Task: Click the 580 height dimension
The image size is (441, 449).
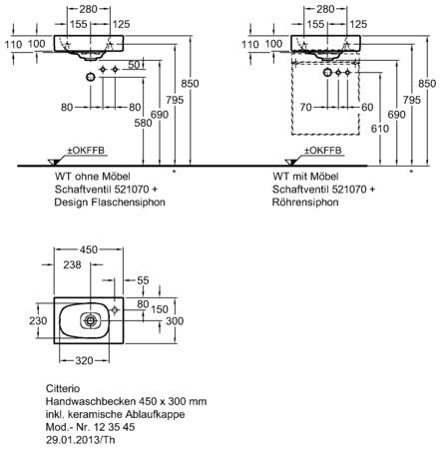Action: coord(143,123)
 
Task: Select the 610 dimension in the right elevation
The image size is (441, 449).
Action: coord(380,129)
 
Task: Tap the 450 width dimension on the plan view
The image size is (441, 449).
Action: coord(89,249)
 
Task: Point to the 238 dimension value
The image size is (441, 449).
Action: coord(72,264)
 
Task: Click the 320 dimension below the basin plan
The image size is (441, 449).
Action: coord(84,360)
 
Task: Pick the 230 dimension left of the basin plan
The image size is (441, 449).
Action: coord(38,321)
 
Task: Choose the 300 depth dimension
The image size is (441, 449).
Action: coord(175,321)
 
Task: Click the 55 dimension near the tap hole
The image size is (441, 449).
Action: coord(143,280)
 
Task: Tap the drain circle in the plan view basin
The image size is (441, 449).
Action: coord(90,320)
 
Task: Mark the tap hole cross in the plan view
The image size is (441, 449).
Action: coord(115,310)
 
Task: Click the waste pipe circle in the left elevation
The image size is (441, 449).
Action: coord(91,78)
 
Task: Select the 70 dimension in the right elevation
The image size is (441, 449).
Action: coord(306,107)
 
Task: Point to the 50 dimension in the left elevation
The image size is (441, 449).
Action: coord(134,65)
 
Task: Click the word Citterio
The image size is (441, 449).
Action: coord(63,388)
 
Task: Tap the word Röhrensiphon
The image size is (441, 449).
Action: coord(305,203)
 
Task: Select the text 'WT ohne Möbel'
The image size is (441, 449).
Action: coord(92,176)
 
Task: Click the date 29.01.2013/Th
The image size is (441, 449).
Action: coord(80,440)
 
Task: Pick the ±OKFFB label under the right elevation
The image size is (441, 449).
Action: coord(323,151)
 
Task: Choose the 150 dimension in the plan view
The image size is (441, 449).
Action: coord(160,309)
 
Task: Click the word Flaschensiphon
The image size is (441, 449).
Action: coord(130,203)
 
